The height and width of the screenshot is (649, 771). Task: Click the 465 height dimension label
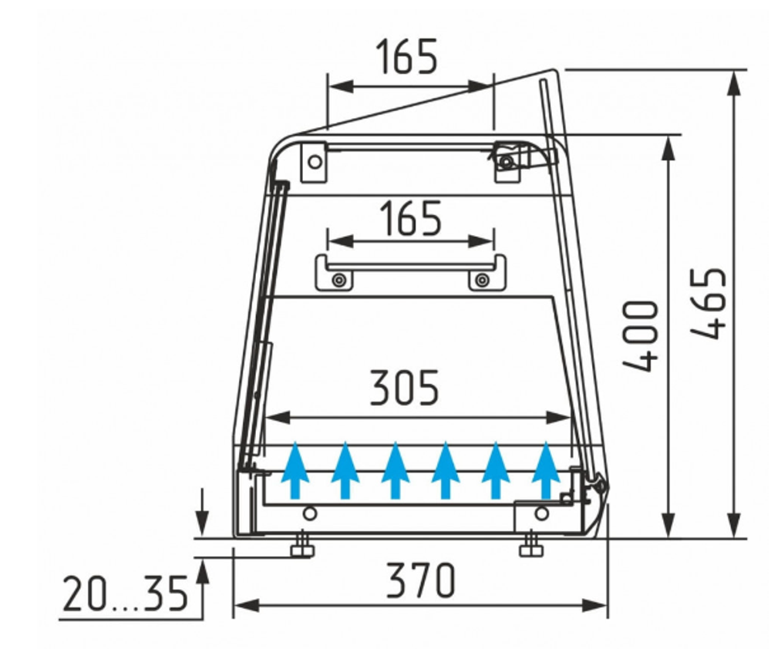[x=709, y=303]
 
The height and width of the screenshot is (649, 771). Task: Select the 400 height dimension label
[x=640, y=336]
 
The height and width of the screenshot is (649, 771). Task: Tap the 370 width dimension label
[x=421, y=580]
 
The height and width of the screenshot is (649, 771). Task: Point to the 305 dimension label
[x=404, y=388]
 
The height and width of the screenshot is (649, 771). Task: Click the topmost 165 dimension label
[x=406, y=56]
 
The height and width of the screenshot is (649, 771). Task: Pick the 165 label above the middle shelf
[x=411, y=218]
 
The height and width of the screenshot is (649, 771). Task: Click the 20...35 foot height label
[x=126, y=594]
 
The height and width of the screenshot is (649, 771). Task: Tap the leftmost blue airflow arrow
[x=295, y=470]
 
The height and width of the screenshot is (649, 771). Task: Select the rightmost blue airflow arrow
[x=546, y=470]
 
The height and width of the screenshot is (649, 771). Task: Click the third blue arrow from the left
[x=396, y=470]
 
